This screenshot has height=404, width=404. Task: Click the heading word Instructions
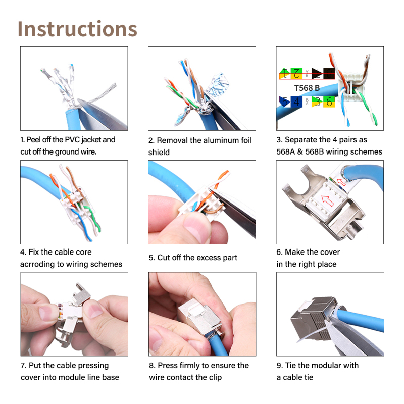point(77,29)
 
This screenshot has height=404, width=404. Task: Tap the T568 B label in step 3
point(307,88)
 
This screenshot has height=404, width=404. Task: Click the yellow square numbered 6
point(329,102)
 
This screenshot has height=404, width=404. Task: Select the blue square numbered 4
point(296,102)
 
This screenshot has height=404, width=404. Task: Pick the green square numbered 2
point(296,73)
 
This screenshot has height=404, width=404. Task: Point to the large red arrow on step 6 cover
point(328,200)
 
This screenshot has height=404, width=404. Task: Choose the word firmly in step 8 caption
point(190,365)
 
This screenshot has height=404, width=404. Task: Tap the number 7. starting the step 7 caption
point(23,365)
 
